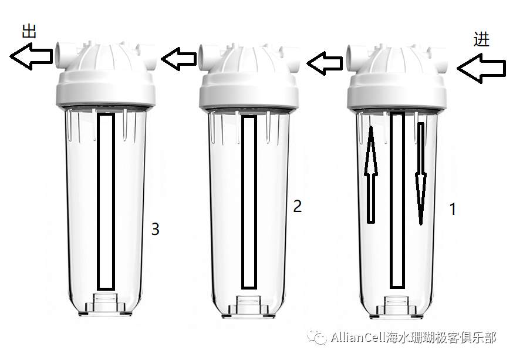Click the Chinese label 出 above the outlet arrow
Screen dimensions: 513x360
(29, 31)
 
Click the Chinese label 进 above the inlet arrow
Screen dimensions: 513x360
(481, 39)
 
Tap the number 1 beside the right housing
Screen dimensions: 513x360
(453, 209)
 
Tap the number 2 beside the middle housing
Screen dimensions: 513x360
(297, 206)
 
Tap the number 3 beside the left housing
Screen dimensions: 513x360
(155, 229)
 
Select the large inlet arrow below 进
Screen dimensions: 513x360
(481, 68)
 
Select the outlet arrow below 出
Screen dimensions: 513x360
(31, 56)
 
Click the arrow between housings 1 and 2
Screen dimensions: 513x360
(324, 63)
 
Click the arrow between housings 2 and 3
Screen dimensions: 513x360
(178, 59)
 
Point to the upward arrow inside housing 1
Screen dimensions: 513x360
(371, 174)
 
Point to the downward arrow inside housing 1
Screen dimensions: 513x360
(421, 174)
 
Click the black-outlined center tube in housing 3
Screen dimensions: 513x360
(106, 201)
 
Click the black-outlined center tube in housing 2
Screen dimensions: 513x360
(249, 202)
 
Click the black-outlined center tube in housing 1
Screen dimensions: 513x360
(397, 200)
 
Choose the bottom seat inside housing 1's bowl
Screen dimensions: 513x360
(396, 307)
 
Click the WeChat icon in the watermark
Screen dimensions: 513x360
(317, 337)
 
